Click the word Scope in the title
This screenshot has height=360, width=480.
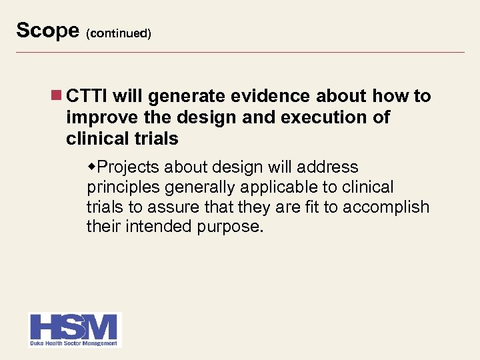point(47,31)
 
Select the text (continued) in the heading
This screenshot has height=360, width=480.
point(118,33)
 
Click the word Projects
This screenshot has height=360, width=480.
point(127,167)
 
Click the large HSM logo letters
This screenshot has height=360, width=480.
point(74,327)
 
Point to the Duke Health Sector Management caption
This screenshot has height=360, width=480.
point(74,343)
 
